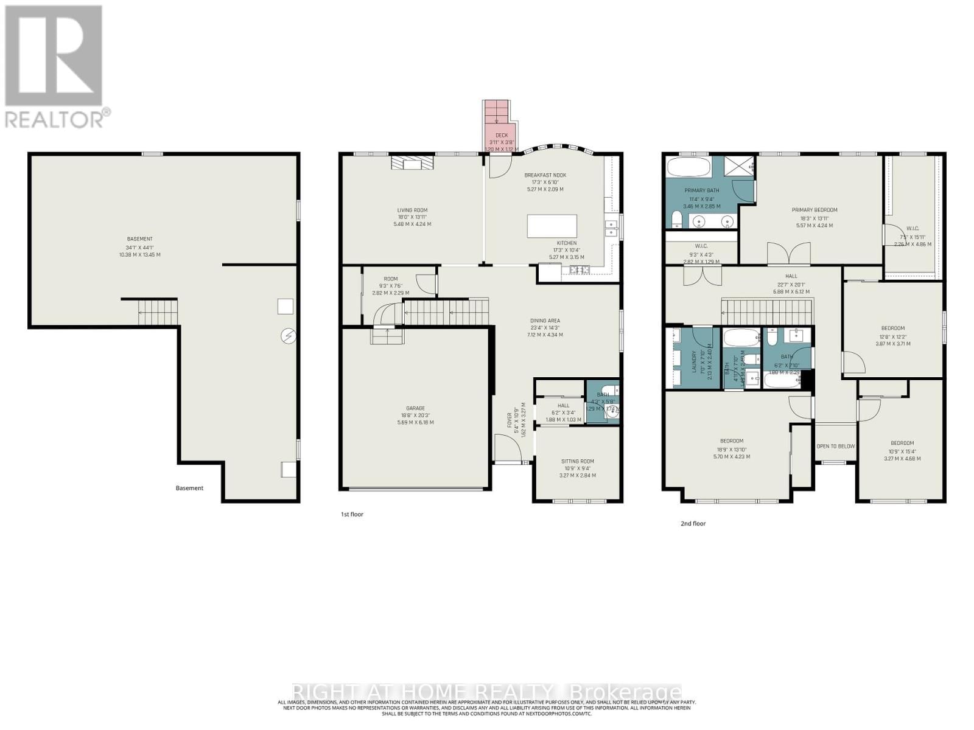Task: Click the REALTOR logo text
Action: (58, 117)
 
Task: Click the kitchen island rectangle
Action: (552, 226)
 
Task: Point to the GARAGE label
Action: (415, 409)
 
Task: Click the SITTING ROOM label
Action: (577, 462)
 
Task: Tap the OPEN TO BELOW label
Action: (835, 446)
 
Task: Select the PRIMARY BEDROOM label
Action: (814, 210)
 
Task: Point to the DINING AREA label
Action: (545, 321)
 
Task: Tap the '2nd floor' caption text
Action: (693, 523)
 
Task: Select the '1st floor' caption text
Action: (352, 514)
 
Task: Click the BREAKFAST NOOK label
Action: (545, 175)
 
